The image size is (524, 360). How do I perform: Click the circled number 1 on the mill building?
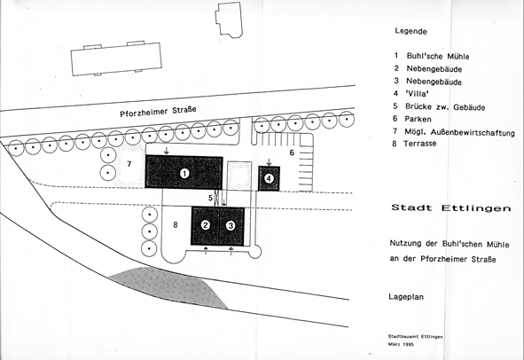point(184,173)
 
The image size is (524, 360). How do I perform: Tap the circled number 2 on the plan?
point(206,225)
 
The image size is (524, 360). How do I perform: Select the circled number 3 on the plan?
point(231,226)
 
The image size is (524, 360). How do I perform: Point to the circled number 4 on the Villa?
point(269,179)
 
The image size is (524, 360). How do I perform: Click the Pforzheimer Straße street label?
point(158,112)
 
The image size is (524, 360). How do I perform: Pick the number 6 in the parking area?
point(292,153)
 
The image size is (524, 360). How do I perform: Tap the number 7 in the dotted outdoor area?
point(129,164)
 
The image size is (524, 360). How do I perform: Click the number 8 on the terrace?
point(176,225)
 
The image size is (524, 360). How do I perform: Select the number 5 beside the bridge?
point(210,198)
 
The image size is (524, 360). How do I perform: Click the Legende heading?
point(411,31)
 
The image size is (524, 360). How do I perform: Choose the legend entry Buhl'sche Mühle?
point(438,56)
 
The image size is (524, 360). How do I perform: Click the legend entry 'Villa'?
point(418,94)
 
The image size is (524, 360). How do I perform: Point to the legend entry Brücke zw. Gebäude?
point(445,107)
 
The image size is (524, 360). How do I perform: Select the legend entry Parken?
point(418,119)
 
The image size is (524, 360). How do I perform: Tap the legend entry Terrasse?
point(419,144)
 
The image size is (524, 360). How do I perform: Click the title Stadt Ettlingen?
point(451,207)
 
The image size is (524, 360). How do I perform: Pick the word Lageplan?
point(406,297)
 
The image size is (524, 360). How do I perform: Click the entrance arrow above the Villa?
point(269,162)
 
